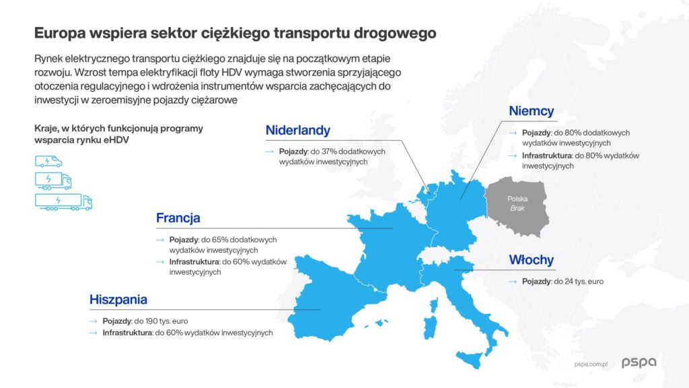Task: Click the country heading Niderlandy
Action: point(297,131)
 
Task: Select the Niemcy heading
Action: point(532,111)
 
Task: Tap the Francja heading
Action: point(178,218)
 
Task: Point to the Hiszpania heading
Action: point(118,300)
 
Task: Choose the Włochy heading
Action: point(532,260)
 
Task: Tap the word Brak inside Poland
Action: point(517,209)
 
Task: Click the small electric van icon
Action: point(48,162)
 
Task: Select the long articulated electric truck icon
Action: point(64,202)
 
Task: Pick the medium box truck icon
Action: point(53,181)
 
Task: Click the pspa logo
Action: point(639,362)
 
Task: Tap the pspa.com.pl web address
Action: point(591,364)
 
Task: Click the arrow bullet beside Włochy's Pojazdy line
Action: point(513,282)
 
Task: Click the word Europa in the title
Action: point(60,34)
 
